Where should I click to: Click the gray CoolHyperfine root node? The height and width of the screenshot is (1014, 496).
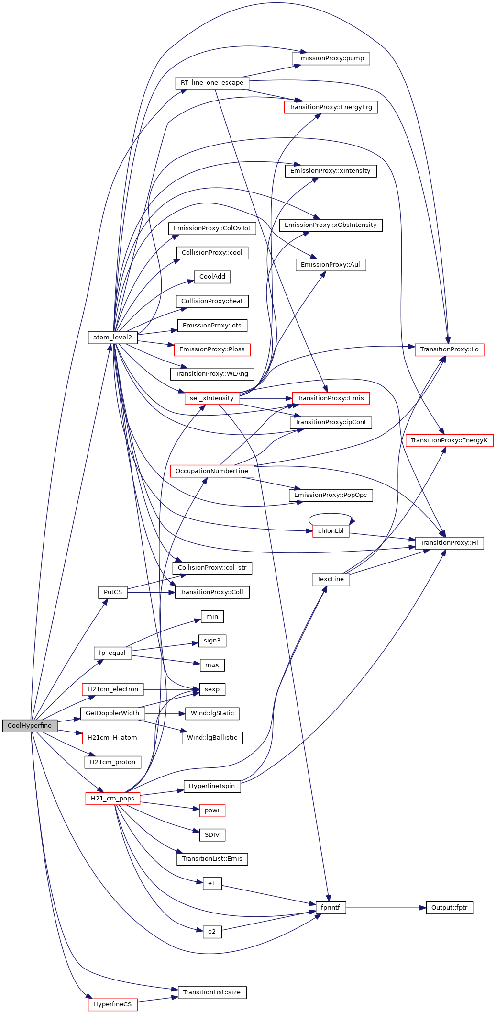click(x=30, y=725)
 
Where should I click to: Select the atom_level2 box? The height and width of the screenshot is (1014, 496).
click(x=113, y=338)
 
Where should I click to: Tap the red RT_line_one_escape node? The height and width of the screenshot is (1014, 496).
click(x=212, y=83)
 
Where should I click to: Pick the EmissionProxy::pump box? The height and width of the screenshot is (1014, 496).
click(x=331, y=58)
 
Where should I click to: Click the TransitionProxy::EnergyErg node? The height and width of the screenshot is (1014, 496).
click(x=331, y=107)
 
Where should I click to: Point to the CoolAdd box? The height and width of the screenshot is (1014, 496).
click(x=212, y=277)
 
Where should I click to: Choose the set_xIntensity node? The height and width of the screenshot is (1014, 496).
click(x=212, y=398)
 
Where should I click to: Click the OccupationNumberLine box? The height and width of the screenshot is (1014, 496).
click(x=212, y=471)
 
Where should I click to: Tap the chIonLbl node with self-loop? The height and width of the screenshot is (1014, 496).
click(x=331, y=531)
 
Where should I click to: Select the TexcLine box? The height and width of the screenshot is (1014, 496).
click(x=331, y=579)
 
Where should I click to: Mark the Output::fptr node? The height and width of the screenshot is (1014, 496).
click(x=449, y=908)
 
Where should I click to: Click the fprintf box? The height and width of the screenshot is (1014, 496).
click(x=331, y=908)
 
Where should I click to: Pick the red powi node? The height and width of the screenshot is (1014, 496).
click(x=212, y=811)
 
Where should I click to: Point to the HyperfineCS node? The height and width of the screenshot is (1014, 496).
click(x=112, y=1004)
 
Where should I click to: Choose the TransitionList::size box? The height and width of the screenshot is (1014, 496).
click(x=212, y=992)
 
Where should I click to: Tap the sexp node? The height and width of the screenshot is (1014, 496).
click(x=212, y=689)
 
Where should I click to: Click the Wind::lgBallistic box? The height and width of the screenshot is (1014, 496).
click(x=212, y=738)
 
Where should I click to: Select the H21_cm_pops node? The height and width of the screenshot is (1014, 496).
click(x=113, y=799)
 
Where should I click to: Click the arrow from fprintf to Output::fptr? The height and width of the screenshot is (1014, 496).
click(x=386, y=908)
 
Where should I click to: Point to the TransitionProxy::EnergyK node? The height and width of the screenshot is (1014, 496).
click(x=449, y=440)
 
